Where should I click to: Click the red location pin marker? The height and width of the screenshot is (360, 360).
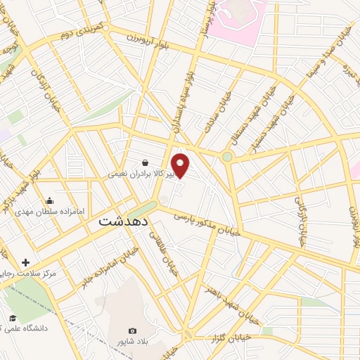(x=181, y=165)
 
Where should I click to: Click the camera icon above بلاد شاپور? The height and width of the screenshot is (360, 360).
(x=132, y=330)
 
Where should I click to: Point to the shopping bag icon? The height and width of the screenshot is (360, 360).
(x=145, y=162)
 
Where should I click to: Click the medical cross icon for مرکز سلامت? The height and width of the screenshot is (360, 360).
(x=27, y=262)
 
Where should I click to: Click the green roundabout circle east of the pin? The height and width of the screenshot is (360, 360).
(x=227, y=157)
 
